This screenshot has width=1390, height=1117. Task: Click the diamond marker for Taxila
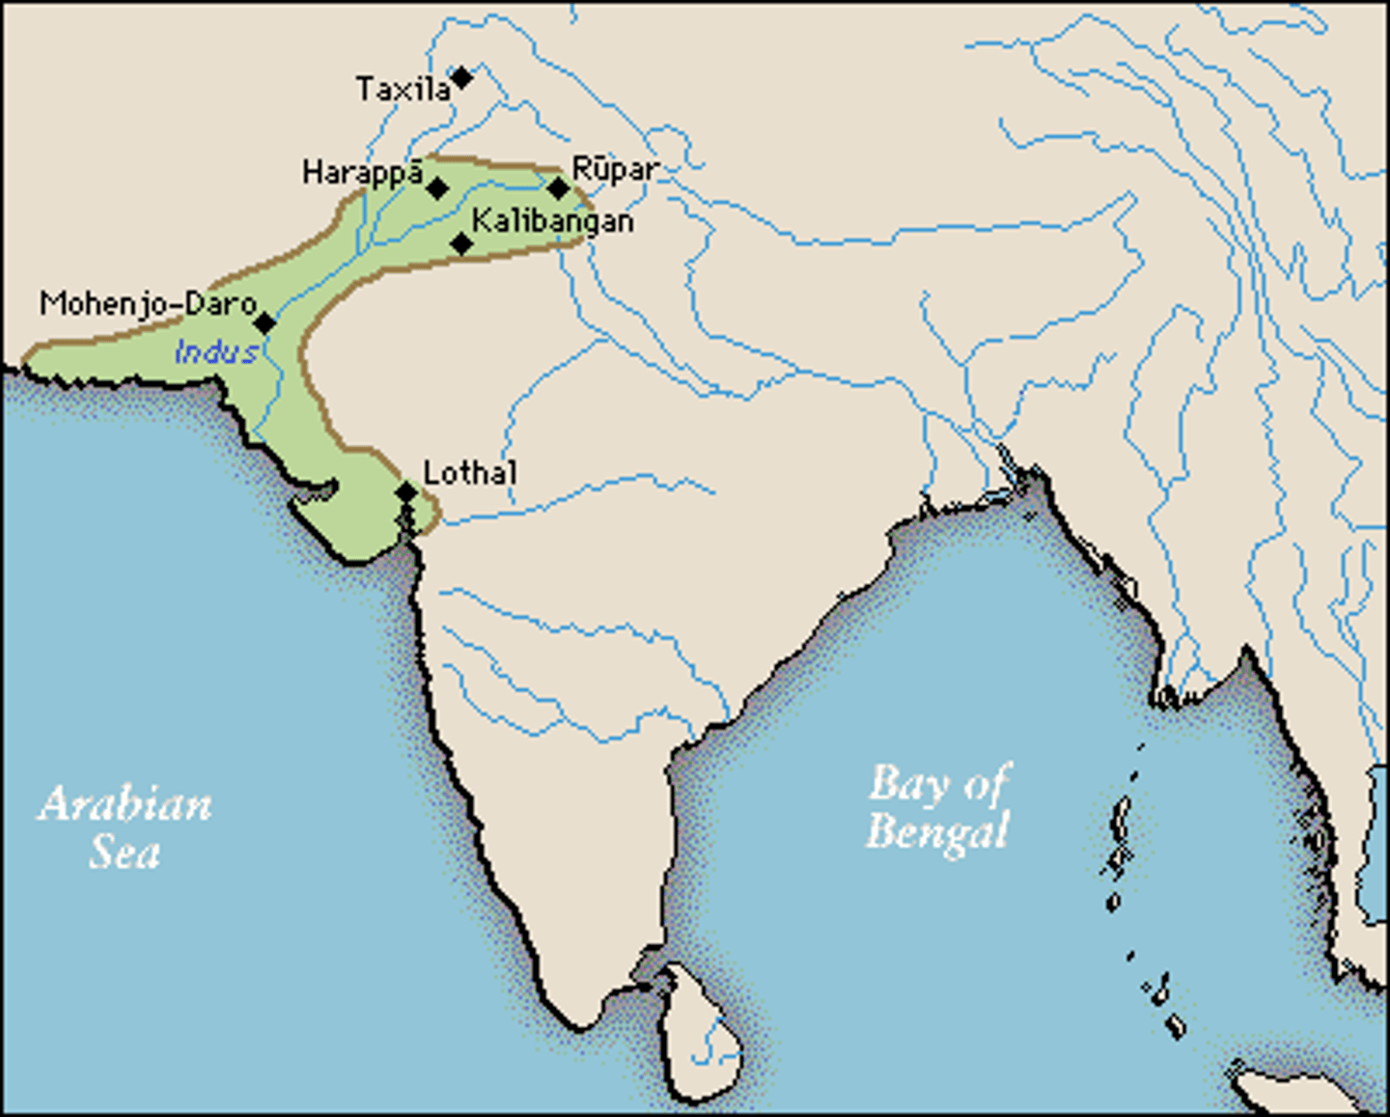[x=462, y=77]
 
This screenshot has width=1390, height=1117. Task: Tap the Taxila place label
[x=403, y=90]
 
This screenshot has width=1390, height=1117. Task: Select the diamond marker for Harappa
[x=437, y=188]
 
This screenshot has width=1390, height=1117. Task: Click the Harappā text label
[x=362, y=173]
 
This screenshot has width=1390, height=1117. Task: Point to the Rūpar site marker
[x=558, y=188]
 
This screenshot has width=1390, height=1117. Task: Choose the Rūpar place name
[x=615, y=170]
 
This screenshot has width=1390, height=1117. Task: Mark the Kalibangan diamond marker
[x=462, y=243]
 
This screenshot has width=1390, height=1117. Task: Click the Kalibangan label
[x=552, y=221]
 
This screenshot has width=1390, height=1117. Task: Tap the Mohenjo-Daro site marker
[x=264, y=322]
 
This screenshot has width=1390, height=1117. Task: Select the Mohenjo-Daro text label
[x=148, y=304]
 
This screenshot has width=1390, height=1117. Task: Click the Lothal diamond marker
[x=406, y=493]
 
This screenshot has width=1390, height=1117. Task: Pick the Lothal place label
[x=470, y=473]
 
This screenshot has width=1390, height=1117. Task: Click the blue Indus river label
[x=216, y=352]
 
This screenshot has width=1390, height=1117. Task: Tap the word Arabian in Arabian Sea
[x=125, y=804]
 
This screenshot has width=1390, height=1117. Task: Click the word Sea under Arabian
[x=125, y=852]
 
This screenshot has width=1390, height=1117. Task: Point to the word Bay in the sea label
[x=906, y=785]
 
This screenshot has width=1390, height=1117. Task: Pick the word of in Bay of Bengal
[x=986, y=784]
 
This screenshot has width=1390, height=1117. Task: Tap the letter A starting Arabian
[x=56, y=804]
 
